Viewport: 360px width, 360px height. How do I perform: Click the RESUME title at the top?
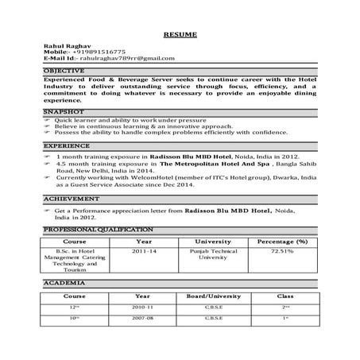[180, 36]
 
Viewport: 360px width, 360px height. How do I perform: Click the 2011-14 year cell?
[144, 251]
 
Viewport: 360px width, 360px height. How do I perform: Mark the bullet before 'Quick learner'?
[48, 123]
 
